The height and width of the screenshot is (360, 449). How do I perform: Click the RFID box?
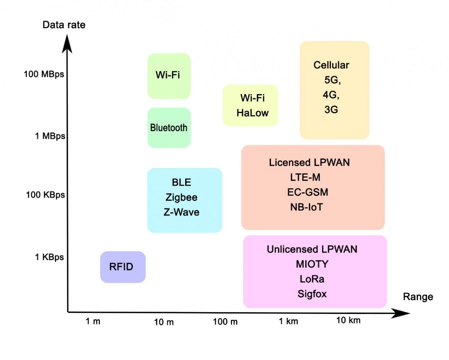coord(123,267)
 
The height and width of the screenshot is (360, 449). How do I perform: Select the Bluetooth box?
coord(169,128)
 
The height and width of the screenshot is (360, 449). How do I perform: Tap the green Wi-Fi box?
coord(169,76)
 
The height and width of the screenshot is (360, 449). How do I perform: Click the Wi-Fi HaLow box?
coord(251,105)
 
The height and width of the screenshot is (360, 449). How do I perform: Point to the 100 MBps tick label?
coord(44,74)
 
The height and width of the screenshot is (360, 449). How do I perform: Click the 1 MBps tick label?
coord(50,136)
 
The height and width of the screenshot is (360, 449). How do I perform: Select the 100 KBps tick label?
coord(45,195)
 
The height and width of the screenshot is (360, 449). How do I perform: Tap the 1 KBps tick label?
coord(49,257)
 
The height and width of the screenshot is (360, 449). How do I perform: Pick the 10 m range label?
coord(164,322)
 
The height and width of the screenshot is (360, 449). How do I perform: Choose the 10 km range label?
coord(348,320)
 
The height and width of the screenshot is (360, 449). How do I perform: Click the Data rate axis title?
coord(64,25)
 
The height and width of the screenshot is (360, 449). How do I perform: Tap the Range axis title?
coord(418,297)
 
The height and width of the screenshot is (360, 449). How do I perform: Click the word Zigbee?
coord(181,197)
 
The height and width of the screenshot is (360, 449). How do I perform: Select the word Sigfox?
coord(312,294)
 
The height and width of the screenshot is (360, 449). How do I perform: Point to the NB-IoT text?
coord(306,207)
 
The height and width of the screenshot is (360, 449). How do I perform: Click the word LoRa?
coord(312,279)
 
